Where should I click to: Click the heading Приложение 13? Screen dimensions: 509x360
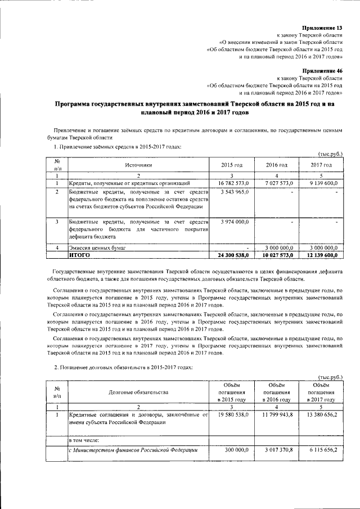(322, 27)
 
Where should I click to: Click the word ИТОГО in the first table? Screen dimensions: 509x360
(79, 255)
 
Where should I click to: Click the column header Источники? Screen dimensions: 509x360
(138, 165)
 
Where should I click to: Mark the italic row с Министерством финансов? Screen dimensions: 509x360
(133, 449)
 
